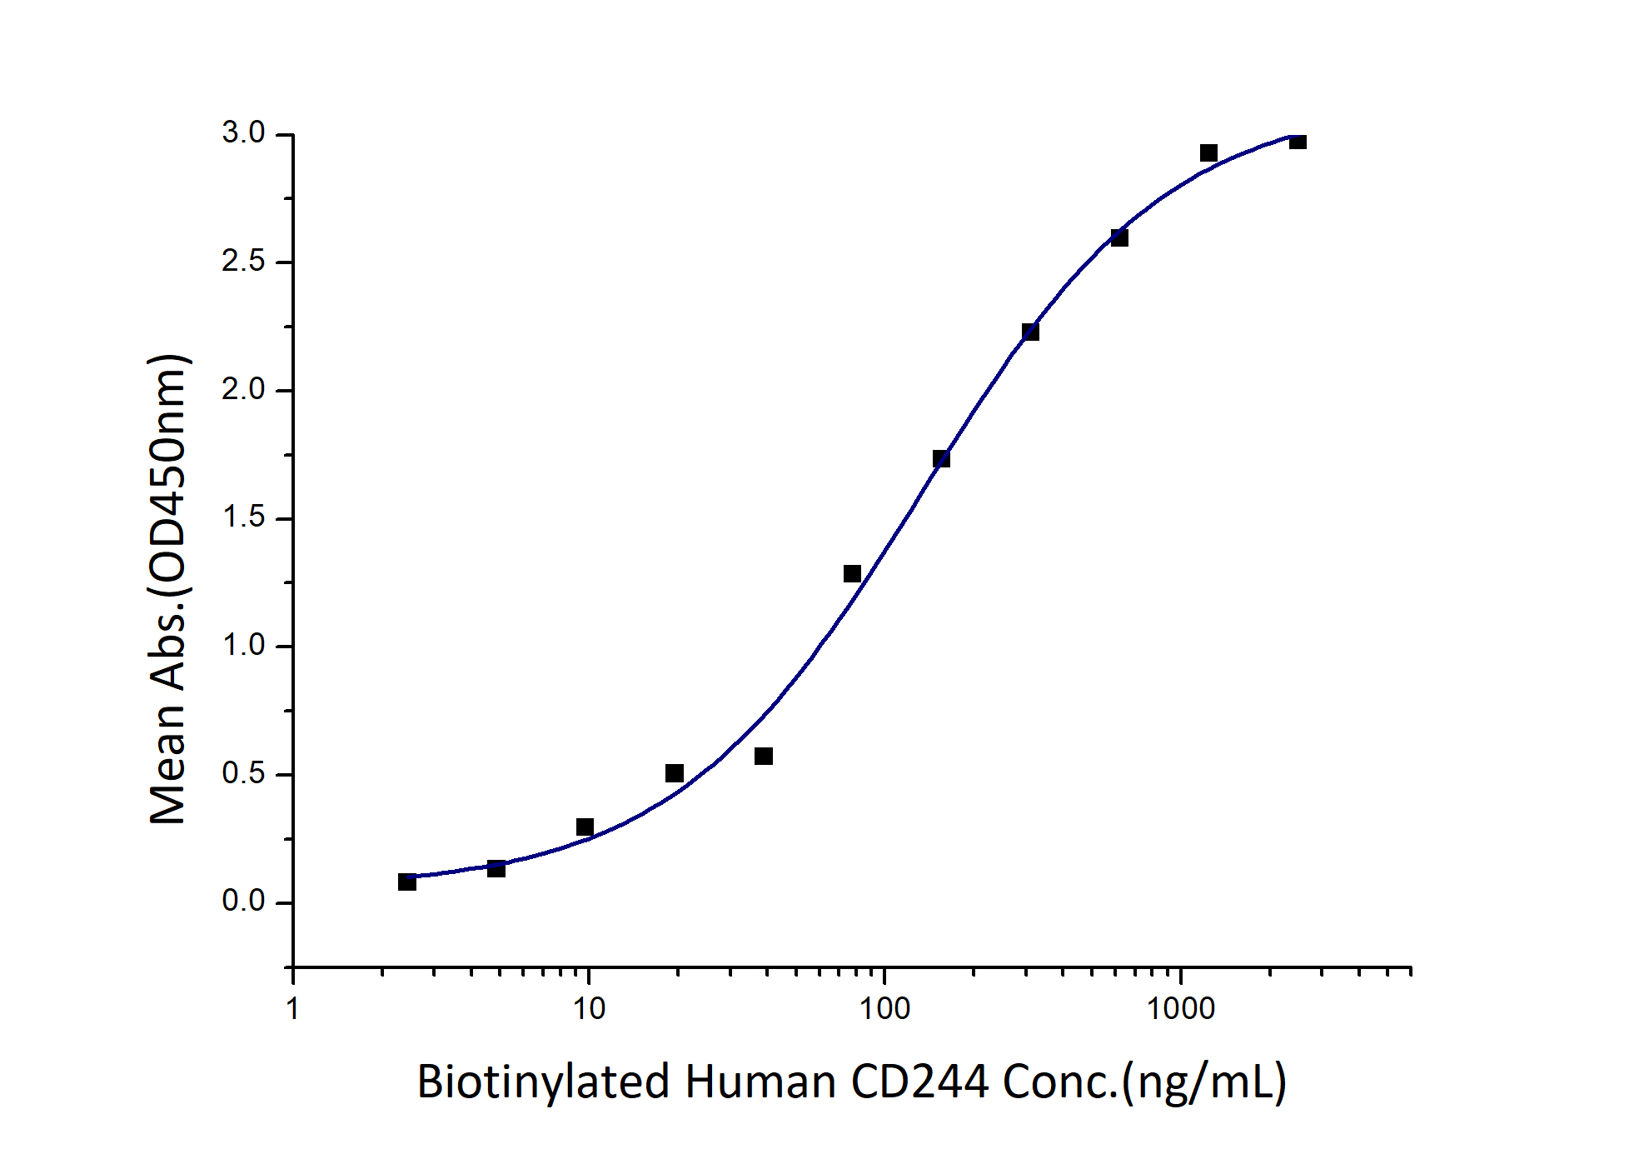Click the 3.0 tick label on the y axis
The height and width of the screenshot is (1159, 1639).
243,133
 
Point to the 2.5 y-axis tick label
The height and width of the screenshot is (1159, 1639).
243,262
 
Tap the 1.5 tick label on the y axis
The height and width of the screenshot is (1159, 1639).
243,517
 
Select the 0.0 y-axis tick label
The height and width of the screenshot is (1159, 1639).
243,902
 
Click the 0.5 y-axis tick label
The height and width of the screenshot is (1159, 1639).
243,774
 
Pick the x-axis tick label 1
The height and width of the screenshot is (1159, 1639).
292,1009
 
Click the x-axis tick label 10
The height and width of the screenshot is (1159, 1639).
589,1009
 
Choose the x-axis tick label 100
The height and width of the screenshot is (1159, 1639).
884,1009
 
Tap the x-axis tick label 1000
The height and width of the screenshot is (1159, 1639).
1180,1009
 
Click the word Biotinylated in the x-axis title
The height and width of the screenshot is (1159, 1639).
543,1082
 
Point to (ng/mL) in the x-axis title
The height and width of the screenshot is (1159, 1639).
1204,1082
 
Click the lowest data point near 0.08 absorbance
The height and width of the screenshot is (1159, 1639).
407,882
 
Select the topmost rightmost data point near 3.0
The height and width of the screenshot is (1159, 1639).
1298,142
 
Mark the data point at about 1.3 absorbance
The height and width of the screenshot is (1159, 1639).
852,573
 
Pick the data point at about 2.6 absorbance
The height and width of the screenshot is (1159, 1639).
1119,238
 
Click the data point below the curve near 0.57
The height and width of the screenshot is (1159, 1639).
764,756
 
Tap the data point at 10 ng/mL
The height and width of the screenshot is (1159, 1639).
585,827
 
